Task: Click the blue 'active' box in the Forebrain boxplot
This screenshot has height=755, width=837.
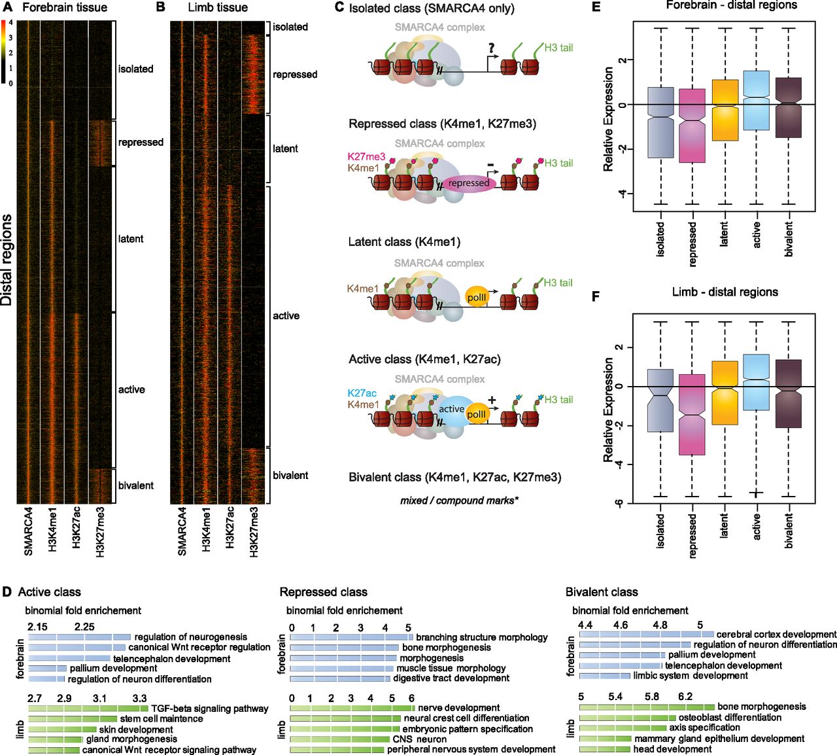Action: [757, 100]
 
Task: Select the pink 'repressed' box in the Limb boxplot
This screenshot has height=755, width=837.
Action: [692, 414]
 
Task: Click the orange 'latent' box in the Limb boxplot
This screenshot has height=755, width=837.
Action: [725, 393]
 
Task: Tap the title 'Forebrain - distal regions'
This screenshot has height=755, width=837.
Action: [732, 5]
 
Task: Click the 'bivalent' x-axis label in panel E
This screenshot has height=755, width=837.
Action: [788, 239]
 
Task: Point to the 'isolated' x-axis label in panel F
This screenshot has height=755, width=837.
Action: [660, 531]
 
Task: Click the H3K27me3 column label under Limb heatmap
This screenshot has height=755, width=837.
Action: [254, 532]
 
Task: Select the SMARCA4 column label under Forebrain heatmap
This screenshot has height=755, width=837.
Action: [28, 531]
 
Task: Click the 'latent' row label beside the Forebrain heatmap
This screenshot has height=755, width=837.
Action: [131, 239]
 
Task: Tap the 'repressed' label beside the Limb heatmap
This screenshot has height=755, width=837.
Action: [295, 75]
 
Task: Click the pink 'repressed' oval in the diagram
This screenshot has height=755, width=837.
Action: [469, 183]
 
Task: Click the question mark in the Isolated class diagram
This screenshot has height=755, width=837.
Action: [491, 48]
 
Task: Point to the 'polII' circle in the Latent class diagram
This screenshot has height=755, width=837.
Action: [477, 297]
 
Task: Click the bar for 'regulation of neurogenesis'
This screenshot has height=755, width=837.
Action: [80, 637]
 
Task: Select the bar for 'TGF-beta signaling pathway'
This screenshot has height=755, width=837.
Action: [88, 709]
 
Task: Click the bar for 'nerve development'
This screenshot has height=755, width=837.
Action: [352, 708]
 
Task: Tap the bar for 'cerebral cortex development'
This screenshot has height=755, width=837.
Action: [646, 635]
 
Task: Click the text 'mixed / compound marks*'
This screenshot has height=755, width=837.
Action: [460, 500]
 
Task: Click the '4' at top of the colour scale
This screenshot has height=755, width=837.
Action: [10, 22]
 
